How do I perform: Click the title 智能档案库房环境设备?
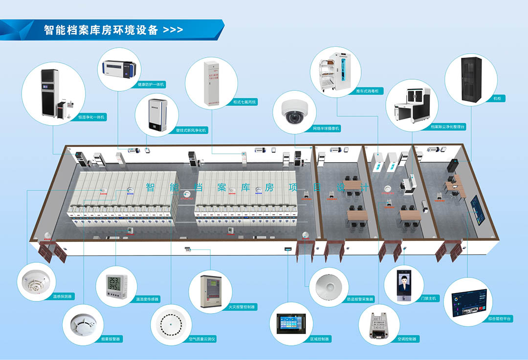(101, 30)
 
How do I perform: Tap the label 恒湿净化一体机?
(91, 117)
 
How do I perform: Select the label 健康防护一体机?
(151, 85)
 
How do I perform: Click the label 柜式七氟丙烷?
(245, 102)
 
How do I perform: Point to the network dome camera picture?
(295, 112)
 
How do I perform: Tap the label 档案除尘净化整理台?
(448, 127)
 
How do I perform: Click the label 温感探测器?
(63, 296)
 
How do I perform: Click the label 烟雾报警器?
(110, 339)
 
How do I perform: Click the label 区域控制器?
(320, 339)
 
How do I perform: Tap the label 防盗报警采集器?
(360, 299)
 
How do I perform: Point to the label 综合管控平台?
(500, 318)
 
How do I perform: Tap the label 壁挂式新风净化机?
(191, 130)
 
